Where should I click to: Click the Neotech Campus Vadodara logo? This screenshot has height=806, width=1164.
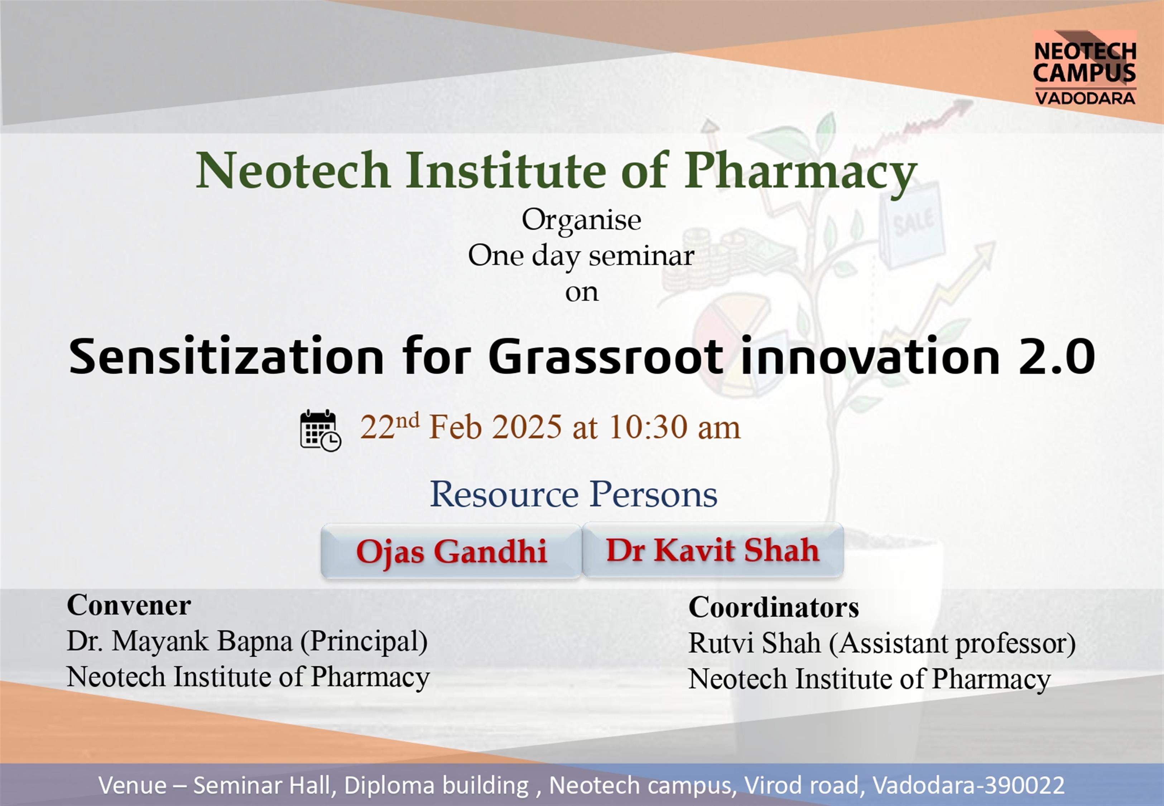tap(1085, 68)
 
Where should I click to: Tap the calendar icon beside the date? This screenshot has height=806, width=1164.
tap(321, 430)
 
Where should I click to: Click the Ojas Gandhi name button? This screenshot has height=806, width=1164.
tap(451, 551)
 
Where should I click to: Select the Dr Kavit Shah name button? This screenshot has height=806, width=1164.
tap(713, 550)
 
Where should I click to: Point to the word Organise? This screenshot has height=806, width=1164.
tap(582, 221)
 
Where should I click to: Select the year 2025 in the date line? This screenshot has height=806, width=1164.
tap(526, 427)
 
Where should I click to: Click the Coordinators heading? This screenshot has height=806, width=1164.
tap(773, 607)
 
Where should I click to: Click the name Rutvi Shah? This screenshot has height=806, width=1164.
tap(755, 643)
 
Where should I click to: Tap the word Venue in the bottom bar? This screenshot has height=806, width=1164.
tap(132, 785)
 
